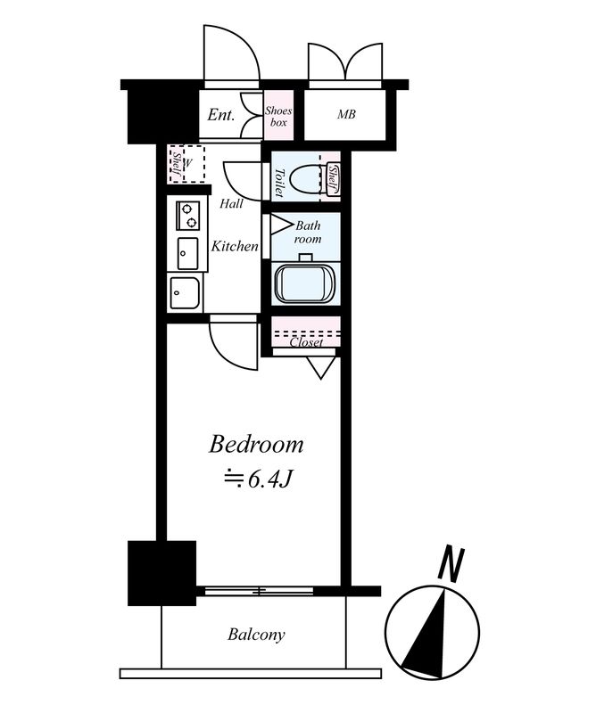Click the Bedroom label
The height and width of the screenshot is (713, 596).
click(256, 445)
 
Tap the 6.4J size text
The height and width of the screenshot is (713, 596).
click(257, 479)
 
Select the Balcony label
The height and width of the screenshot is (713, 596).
click(256, 635)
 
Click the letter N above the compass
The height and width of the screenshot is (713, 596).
click(451, 564)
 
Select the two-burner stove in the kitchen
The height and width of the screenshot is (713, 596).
click(188, 216)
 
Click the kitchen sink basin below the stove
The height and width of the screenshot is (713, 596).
click(187, 253)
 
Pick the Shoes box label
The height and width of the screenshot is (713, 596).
click(278, 116)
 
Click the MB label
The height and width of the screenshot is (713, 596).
click(346, 115)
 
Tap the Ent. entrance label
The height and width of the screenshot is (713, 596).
click(221, 115)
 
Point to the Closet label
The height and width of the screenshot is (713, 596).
click(306, 342)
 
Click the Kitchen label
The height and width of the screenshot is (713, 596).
click(235, 247)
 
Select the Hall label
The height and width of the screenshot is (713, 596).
click(231, 204)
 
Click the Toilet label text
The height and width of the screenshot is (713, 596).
click(279, 183)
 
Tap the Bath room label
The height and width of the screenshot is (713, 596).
click(308, 232)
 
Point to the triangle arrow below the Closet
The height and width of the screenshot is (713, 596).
click(321, 367)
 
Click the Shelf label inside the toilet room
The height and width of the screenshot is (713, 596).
click(333, 179)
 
